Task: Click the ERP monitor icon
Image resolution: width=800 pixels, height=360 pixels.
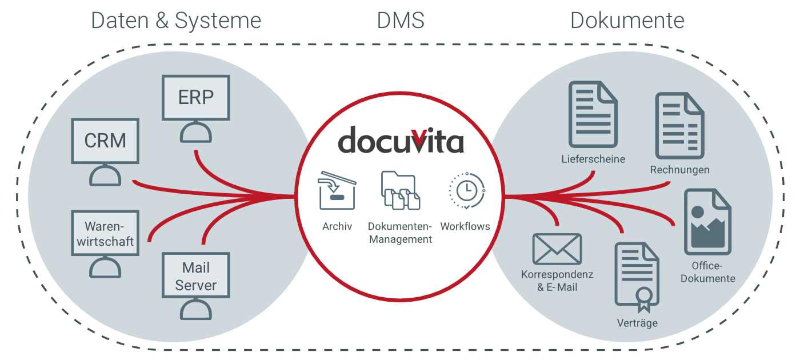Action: point(196,98)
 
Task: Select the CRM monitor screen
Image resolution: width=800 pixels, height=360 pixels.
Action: point(105,141)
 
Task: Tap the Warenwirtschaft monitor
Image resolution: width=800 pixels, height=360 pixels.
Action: point(105,233)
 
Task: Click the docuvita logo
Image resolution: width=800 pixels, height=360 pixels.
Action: point(400,141)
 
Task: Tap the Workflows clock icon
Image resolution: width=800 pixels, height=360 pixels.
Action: point(466,190)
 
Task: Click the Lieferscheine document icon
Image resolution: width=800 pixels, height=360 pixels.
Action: point(593,114)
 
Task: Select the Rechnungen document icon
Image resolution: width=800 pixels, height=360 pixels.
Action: point(679,126)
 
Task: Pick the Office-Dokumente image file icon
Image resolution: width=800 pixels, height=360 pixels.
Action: point(708,222)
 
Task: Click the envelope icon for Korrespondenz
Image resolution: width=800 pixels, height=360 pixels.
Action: point(557,249)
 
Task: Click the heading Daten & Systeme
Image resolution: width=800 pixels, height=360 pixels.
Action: point(176,21)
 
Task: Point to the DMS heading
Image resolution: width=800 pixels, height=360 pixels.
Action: point(401,21)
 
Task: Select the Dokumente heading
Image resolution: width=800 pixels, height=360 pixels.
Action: point(627,21)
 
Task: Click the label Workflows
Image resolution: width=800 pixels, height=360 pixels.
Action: point(465,226)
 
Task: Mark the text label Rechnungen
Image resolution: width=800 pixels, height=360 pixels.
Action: point(679,170)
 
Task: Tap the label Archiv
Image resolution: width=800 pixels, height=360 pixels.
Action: point(337,226)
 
